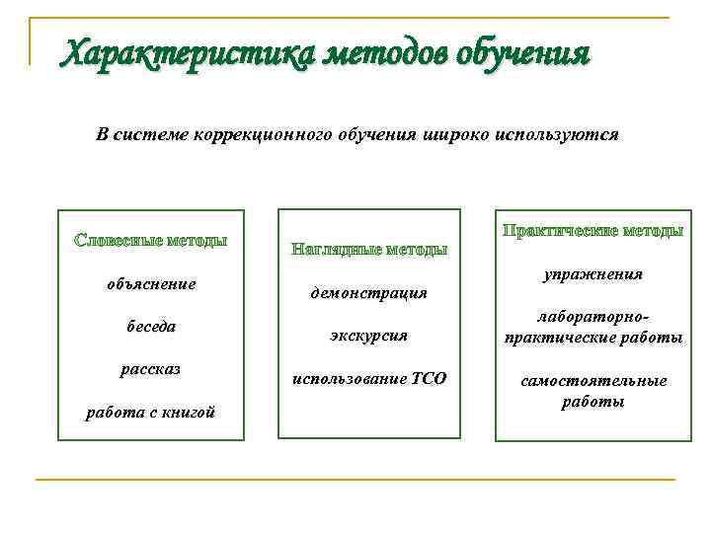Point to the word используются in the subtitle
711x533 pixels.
pos(557,134)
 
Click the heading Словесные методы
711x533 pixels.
pos(151,241)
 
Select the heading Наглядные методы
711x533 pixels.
pos(369,250)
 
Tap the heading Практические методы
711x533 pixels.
pos(592,231)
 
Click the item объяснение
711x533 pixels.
pos(151,284)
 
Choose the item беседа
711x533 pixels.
pos(151,327)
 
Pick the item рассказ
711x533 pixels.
pos(151,369)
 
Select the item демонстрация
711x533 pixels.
pos(369,293)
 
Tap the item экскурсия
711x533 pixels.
pos(369,336)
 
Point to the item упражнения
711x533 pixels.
pos(592,274)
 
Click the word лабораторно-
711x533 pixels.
pos(592,318)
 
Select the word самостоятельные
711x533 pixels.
pos(592,381)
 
